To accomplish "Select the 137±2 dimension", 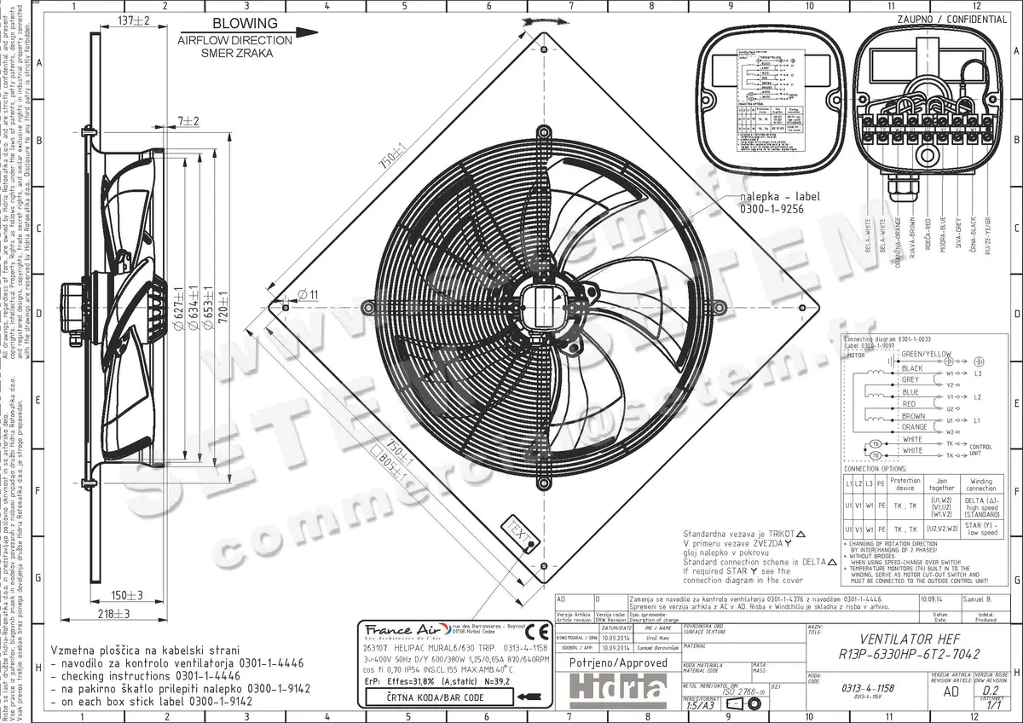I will pos(133,20).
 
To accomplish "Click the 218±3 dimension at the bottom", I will pos(112,613).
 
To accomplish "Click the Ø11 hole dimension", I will pos(308,294).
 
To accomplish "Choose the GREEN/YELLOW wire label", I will pos(926,354).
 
